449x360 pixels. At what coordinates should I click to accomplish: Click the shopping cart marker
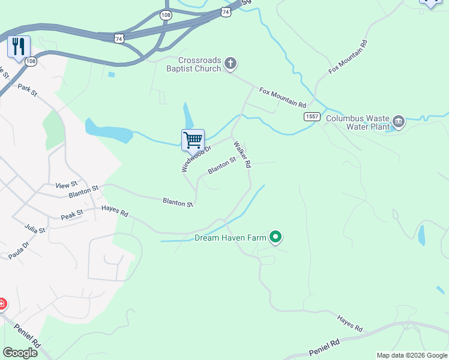coord(193,140)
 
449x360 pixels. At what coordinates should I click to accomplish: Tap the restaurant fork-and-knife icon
coord(19,46)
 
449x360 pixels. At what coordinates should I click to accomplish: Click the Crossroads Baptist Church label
coord(200,64)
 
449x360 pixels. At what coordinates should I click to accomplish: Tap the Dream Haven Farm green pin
coord(276,238)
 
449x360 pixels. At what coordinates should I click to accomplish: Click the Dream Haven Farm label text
coord(231,238)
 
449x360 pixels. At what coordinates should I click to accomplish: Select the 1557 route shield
coord(311,116)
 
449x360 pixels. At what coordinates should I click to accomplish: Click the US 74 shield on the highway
coord(120,38)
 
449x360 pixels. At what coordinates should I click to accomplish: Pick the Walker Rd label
coord(242,154)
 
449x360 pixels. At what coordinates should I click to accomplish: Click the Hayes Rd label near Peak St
coord(115,211)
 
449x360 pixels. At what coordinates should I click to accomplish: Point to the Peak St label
coord(71,214)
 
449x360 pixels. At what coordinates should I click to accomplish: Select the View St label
coord(67,185)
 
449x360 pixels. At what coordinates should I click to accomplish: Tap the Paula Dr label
coord(19,251)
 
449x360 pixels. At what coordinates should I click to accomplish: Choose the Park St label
coord(28,91)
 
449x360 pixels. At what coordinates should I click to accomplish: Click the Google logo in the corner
coord(20,353)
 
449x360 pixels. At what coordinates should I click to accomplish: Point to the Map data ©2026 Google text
coord(411,355)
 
